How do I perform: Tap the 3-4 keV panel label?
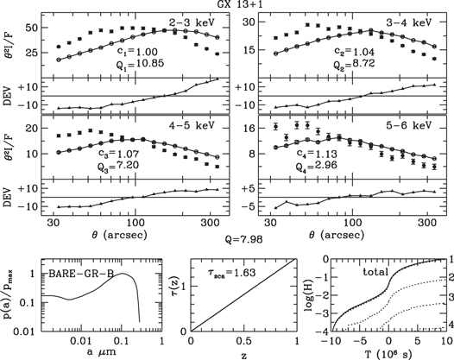coord(407,21)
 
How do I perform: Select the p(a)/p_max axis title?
coord(9,294)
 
